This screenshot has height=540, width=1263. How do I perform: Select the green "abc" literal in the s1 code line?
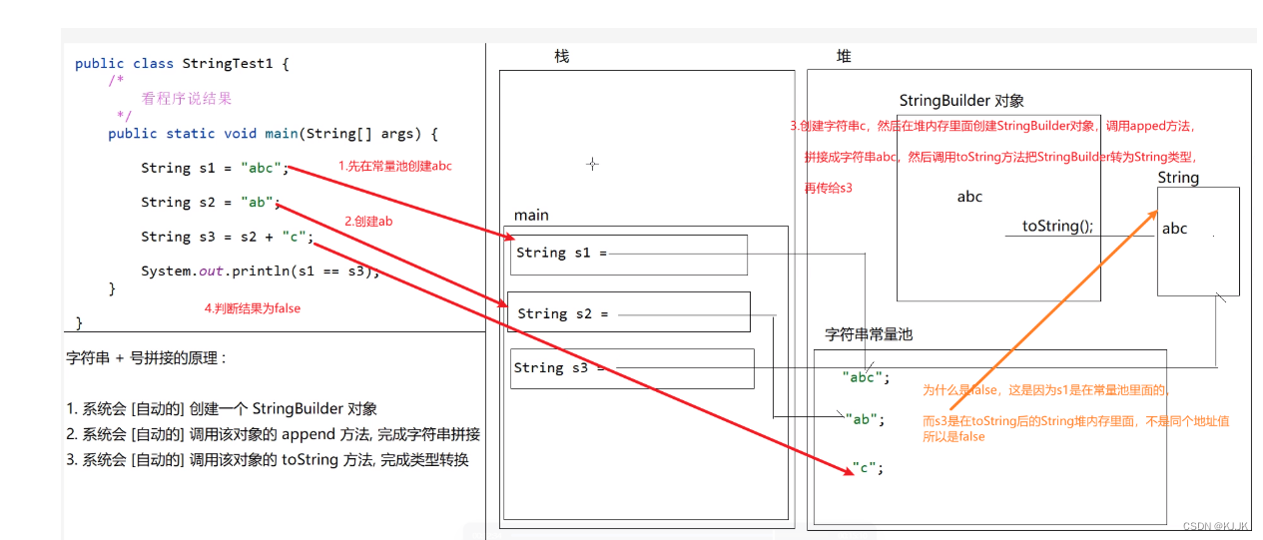pos(262,168)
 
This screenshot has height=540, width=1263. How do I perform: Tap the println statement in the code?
pos(261,271)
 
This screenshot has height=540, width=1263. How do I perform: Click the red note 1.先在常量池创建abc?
pos(394,166)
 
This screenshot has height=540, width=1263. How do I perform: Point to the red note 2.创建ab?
pos(368,222)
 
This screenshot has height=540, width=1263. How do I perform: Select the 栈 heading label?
pos(561,56)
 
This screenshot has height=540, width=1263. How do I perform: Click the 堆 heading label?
pos(844,56)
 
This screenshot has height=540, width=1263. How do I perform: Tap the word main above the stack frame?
pos(531,216)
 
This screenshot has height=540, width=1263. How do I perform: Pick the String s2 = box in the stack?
pos(629,312)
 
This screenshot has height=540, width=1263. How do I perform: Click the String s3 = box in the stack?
pos(631,368)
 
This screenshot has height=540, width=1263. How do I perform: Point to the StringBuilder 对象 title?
pos(961,101)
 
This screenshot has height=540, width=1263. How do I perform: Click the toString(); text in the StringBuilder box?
pos(1057,226)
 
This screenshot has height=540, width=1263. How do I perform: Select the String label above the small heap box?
pos(1178,178)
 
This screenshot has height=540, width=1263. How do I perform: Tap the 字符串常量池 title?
pos(869,334)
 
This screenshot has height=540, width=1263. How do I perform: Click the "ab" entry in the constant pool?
pos(865,419)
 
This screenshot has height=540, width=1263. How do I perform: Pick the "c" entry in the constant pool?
pos(869,467)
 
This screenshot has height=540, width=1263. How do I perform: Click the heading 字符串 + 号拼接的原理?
pos(146,357)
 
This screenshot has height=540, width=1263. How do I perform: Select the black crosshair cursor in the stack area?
pos(592,164)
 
